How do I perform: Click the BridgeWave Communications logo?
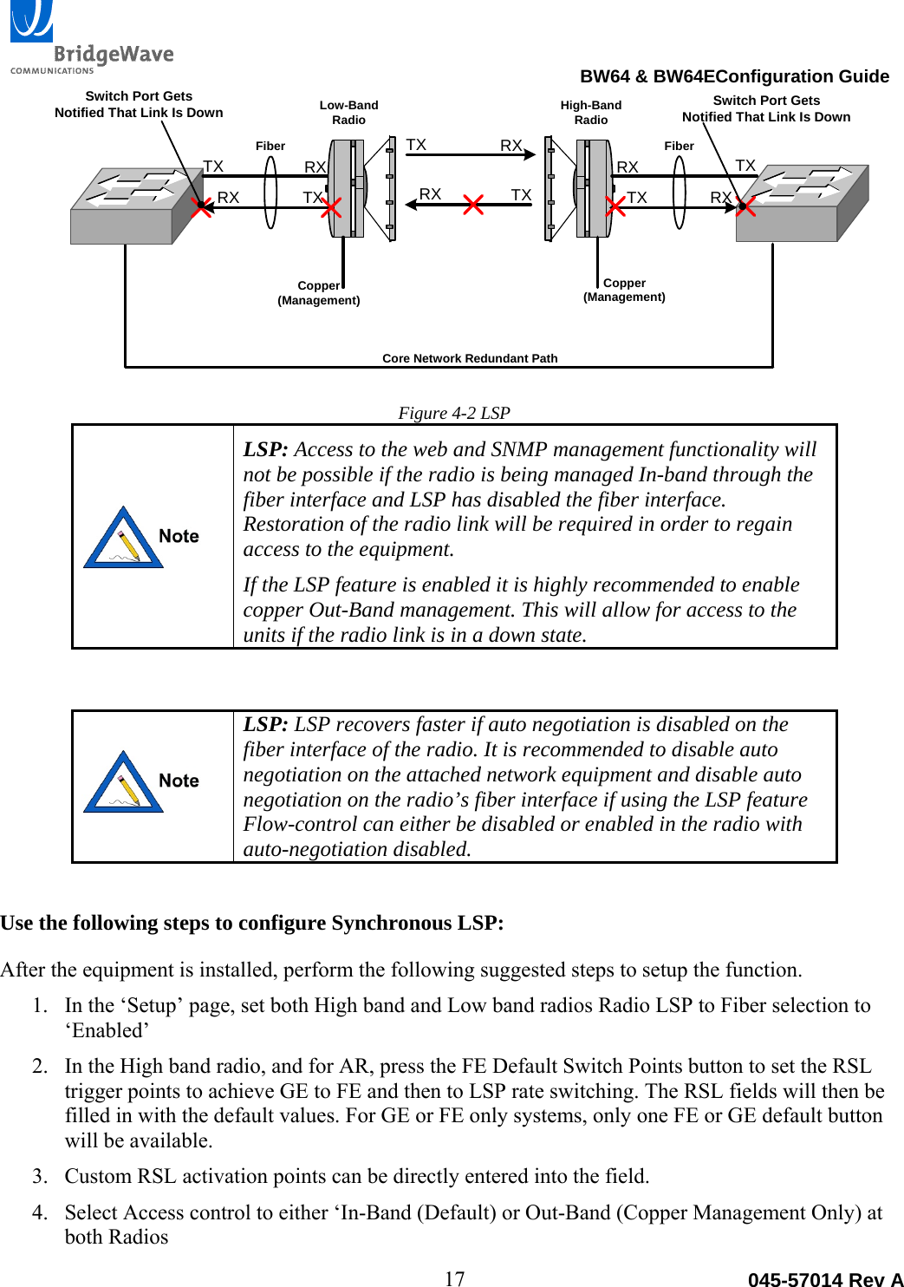[x=91, y=39]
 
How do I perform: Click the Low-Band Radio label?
[x=348, y=113]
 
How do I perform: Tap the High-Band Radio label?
[x=590, y=113]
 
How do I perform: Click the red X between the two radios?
[x=473, y=205]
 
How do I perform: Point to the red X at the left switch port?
[x=201, y=206]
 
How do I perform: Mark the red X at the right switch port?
[x=745, y=206]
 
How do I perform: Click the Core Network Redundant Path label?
[x=470, y=358]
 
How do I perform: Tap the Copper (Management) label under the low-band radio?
[x=319, y=293]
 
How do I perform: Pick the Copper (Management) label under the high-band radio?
[x=624, y=290]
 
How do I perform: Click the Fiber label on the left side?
[x=270, y=146]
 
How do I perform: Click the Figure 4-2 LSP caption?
[x=454, y=413]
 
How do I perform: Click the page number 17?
[x=454, y=1277]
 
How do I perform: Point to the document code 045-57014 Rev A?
[x=825, y=1279]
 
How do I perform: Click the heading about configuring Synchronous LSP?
[x=252, y=923]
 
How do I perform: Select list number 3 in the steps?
[x=40, y=1176]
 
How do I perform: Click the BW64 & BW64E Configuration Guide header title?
[x=734, y=76]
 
